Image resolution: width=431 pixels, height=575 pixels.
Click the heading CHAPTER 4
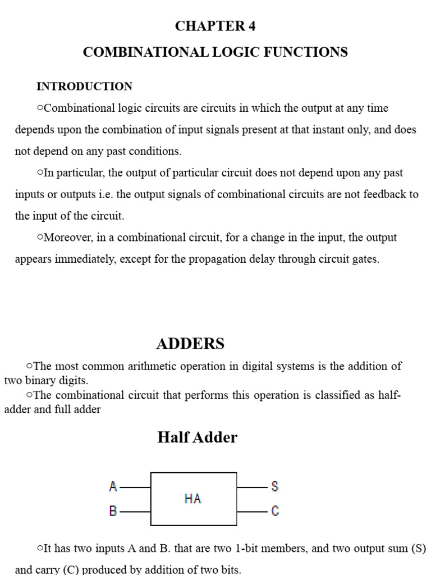click(x=215, y=26)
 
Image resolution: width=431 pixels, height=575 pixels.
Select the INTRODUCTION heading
click(x=84, y=86)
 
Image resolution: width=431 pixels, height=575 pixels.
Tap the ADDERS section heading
click(x=190, y=344)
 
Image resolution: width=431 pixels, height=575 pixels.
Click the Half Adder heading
click(x=197, y=437)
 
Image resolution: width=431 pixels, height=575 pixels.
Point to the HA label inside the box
click(x=192, y=499)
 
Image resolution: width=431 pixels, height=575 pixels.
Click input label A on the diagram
click(x=113, y=487)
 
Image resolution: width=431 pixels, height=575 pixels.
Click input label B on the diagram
click(x=113, y=512)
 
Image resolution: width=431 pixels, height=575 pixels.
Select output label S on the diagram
click(x=275, y=487)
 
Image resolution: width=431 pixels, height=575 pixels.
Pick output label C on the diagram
click(x=275, y=512)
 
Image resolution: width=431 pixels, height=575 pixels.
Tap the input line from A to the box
click(x=135, y=487)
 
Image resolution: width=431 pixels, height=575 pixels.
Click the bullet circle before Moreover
click(x=40, y=238)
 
